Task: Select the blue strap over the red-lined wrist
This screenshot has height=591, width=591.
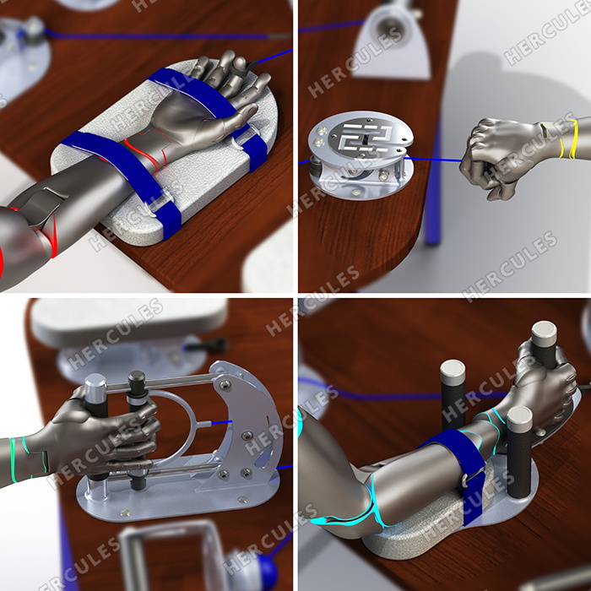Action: (124, 173)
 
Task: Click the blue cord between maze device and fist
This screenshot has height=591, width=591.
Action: (433, 160)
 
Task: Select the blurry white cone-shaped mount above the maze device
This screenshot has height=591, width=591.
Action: (392, 41)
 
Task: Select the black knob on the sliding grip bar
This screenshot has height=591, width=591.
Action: (137, 380)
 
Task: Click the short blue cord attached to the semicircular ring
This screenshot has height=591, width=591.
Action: (221, 422)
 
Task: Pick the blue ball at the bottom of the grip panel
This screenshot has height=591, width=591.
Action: (268, 569)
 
